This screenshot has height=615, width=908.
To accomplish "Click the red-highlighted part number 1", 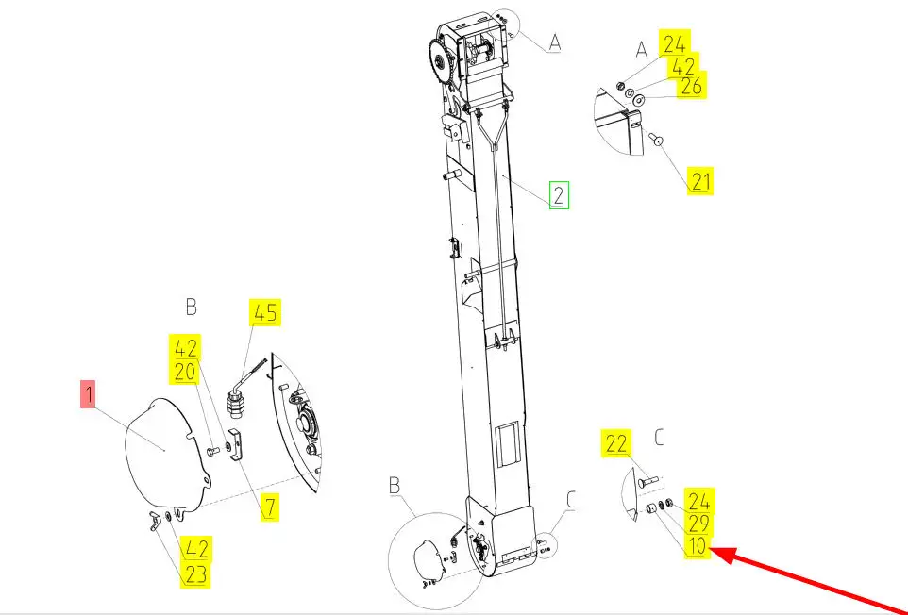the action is click(x=88, y=394).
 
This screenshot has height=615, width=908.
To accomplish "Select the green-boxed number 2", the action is click(x=559, y=195).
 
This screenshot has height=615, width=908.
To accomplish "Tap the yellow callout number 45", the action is click(x=265, y=312).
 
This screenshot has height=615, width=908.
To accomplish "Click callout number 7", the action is click(x=270, y=507).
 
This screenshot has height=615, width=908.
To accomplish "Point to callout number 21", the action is click(x=700, y=181).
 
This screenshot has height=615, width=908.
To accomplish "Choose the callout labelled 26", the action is click(x=692, y=86).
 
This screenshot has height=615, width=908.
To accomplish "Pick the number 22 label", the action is click(x=616, y=443).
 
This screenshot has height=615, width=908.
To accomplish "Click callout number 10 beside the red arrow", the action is click(x=698, y=545).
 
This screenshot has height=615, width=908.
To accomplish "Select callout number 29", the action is click(x=698, y=523).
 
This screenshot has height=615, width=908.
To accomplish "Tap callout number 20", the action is click(x=185, y=372).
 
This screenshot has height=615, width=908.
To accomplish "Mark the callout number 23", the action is click(x=195, y=574).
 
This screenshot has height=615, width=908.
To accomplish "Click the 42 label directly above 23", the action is click(x=195, y=548).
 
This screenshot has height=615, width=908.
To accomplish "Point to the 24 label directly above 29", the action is click(x=698, y=500).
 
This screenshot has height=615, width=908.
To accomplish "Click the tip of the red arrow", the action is click(x=711, y=550).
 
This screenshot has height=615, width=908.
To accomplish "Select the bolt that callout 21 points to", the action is click(x=656, y=139).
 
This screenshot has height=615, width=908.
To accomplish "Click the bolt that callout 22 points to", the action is click(x=648, y=481).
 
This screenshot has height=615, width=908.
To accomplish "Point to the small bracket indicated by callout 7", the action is click(x=238, y=445).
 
